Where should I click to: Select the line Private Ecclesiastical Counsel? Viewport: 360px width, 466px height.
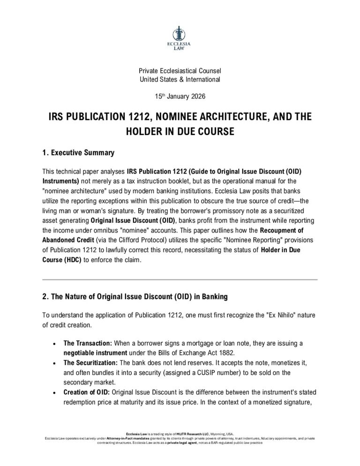pyautogui.click(x=180, y=71)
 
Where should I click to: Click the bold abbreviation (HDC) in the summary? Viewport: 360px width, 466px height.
pyautogui.click(x=67, y=259)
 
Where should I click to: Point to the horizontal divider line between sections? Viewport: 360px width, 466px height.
pyautogui.click(x=180, y=279)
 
